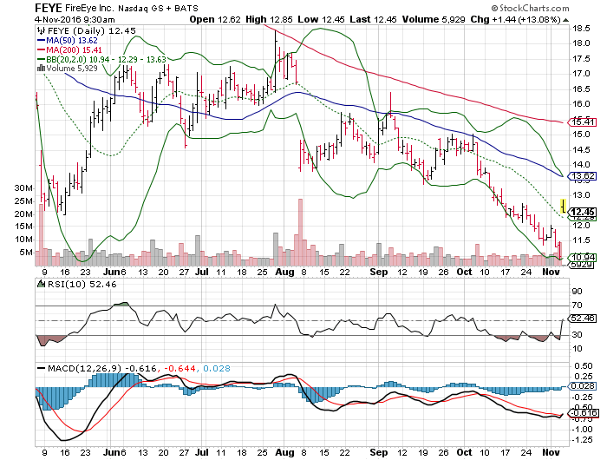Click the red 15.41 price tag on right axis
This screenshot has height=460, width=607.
[x=582, y=122]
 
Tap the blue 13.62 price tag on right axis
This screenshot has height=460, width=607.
[x=582, y=176]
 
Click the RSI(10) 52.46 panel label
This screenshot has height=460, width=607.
[x=70, y=283]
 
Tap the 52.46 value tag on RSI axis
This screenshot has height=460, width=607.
[x=582, y=319]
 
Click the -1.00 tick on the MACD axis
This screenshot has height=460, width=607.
[x=583, y=429]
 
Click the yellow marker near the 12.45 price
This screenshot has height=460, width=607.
[x=564, y=206]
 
